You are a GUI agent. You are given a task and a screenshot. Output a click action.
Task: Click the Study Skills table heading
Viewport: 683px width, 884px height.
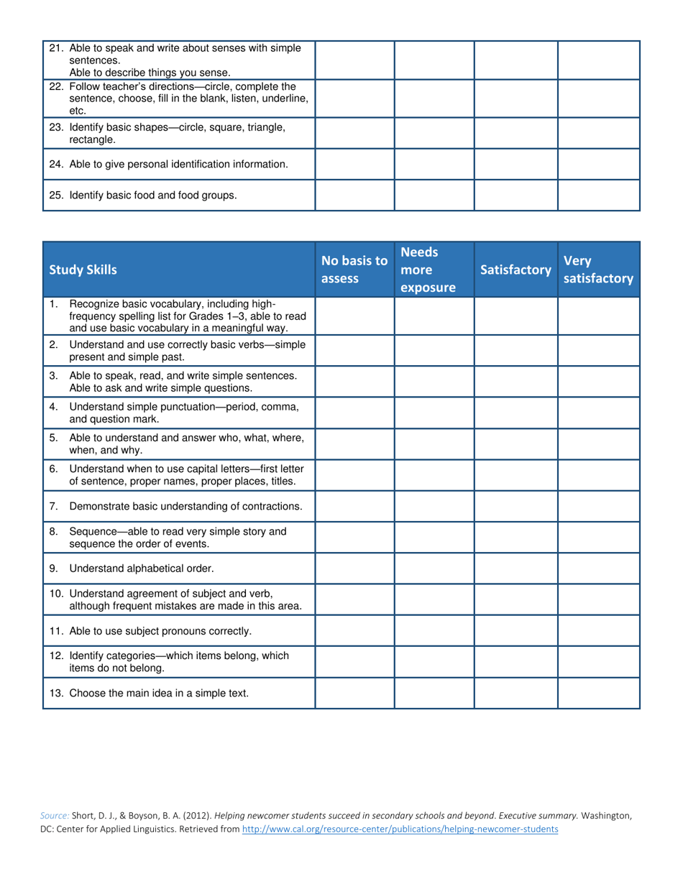tap(83, 270)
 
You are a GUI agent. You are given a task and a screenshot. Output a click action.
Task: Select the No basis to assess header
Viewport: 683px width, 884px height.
tap(354, 270)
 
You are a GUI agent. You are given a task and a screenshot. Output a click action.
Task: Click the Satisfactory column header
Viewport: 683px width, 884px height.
tap(515, 270)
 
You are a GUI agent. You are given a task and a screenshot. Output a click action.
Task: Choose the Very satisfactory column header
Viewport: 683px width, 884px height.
tap(598, 270)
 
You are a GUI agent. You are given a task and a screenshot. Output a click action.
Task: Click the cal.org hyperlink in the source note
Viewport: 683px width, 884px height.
tap(400, 829)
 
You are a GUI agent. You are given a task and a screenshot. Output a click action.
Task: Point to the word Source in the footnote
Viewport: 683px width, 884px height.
tap(54, 816)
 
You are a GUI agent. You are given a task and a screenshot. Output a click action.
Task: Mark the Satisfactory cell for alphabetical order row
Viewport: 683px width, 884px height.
tap(515, 568)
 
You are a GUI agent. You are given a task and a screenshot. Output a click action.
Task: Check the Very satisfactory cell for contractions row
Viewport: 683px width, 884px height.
tap(598, 506)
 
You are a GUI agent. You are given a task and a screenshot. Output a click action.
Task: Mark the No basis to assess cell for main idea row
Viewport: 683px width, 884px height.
tap(354, 693)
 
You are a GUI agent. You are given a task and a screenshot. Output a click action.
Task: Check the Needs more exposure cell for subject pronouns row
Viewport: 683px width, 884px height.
tap(434, 631)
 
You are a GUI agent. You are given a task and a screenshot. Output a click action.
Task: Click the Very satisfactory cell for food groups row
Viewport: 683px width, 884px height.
tap(598, 195)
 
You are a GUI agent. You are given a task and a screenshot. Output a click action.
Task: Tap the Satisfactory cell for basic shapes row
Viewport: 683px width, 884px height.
tap(515, 133)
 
